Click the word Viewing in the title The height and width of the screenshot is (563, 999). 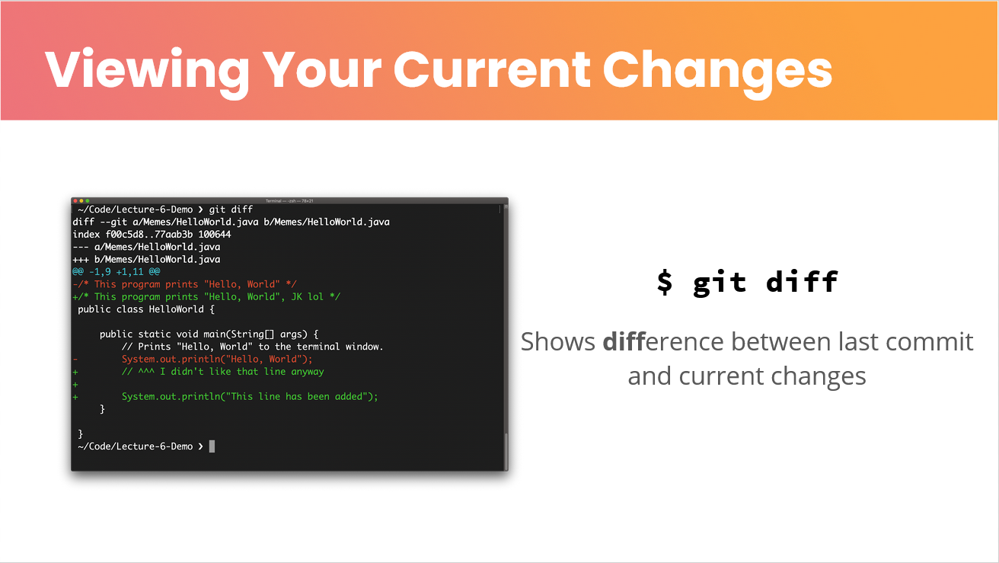click(x=147, y=72)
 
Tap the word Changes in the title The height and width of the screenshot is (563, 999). click(x=717, y=72)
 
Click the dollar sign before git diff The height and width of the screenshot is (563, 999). click(x=665, y=282)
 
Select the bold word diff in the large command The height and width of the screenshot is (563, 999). click(x=803, y=282)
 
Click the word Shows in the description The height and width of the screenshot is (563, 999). click(x=557, y=342)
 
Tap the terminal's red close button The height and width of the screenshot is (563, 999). click(x=75, y=201)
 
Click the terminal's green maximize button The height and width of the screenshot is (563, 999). click(x=88, y=201)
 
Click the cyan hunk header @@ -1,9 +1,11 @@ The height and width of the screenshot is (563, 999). click(x=116, y=272)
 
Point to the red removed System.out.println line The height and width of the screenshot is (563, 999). click(x=217, y=359)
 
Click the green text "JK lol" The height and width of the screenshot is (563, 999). click(x=308, y=296)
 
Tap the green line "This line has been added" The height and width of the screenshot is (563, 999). click(x=250, y=397)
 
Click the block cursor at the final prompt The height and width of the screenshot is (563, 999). click(x=212, y=446)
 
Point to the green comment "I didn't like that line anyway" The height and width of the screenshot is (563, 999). click(x=242, y=372)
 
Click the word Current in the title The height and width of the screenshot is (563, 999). click(x=492, y=71)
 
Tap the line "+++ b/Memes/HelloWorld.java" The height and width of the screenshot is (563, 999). click(x=146, y=259)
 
